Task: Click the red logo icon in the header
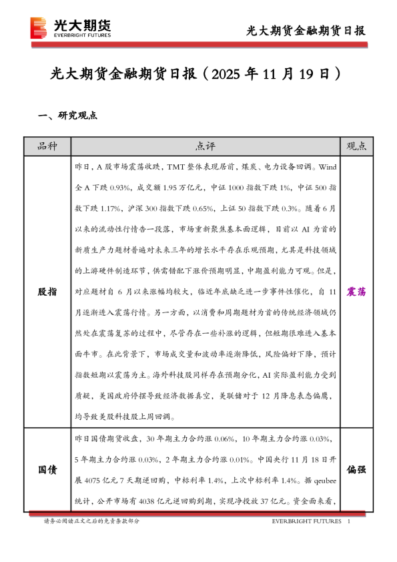(x=39, y=27)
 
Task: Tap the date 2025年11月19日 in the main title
(x=276, y=73)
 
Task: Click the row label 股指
(x=47, y=292)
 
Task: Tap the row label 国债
(x=47, y=470)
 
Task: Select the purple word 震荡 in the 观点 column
(x=357, y=292)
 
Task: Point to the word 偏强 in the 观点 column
(x=357, y=470)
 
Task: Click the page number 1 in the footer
(x=350, y=521)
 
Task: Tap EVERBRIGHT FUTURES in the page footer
(x=307, y=521)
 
